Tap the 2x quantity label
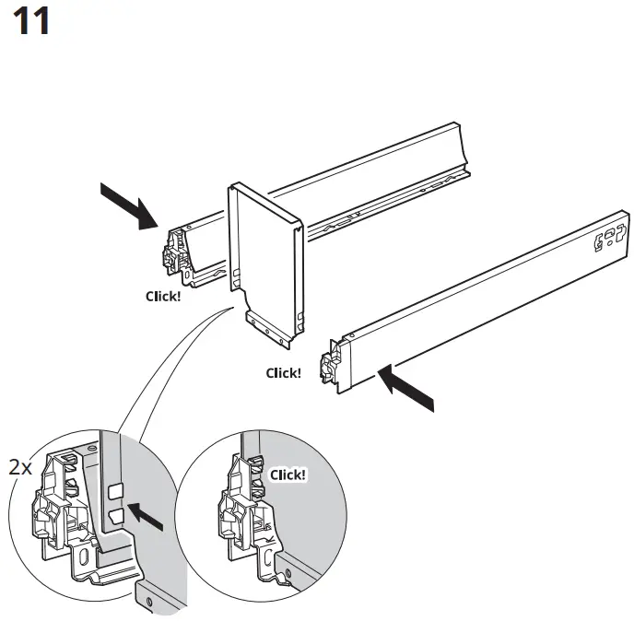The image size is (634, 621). click(20, 467)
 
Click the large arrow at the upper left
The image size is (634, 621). click(128, 205)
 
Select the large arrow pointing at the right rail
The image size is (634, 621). click(405, 388)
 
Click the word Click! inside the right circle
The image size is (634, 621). click(288, 475)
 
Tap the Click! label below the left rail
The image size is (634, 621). click(163, 297)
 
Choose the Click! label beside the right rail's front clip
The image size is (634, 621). click(283, 373)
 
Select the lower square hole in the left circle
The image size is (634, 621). click(115, 516)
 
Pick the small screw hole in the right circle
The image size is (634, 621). click(288, 576)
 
